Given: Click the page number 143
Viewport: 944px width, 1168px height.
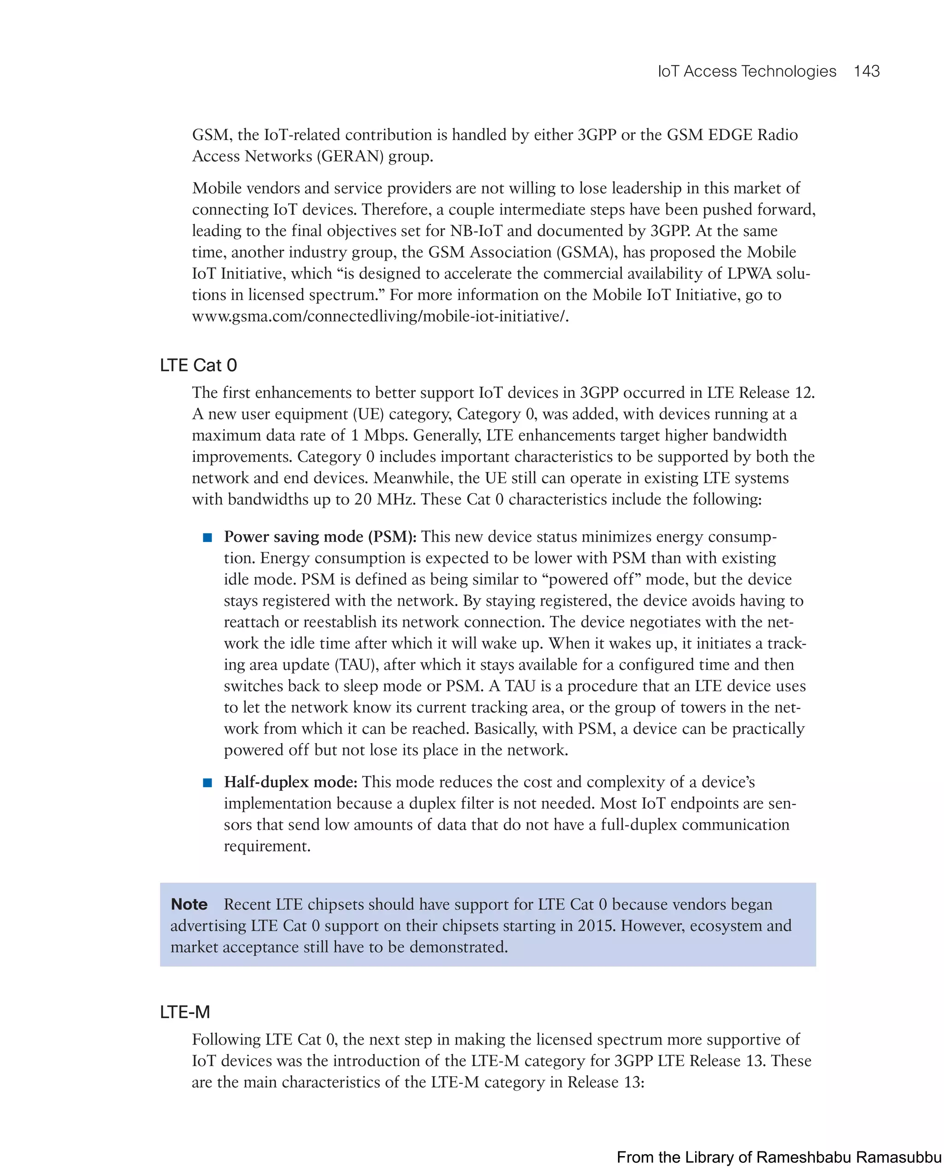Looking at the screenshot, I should pyautogui.click(x=866, y=71).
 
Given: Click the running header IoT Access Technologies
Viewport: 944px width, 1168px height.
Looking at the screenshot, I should pyautogui.click(x=747, y=71).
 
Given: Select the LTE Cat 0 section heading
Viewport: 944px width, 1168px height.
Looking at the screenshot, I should pyautogui.click(x=199, y=366).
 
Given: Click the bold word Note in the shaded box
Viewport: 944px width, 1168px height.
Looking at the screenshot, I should pyautogui.click(x=189, y=904).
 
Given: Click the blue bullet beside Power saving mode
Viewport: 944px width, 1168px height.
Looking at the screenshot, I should pyautogui.click(x=207, y=538).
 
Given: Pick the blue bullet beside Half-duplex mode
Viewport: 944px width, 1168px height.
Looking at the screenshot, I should pyautogui.click(x=207, y=783).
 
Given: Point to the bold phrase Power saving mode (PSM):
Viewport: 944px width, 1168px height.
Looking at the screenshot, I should pyautogui.click(x=320, y=537).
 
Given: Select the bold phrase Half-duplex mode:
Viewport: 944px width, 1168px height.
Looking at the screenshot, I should pyautogui.click(x=290, y=782).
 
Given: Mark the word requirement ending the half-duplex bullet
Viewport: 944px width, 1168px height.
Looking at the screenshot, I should pyautogui.click(x=266, y=846).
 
